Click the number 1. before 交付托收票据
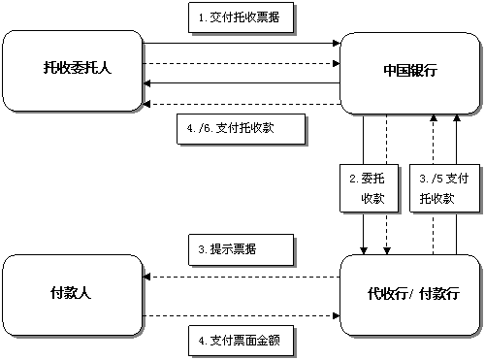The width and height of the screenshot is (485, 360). [x=202, y=18]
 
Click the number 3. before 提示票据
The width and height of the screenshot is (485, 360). [x=202, y=249]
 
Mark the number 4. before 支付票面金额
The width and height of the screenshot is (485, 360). [x=202, y=340]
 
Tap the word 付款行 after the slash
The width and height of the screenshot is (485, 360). [x=436, y=292]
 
